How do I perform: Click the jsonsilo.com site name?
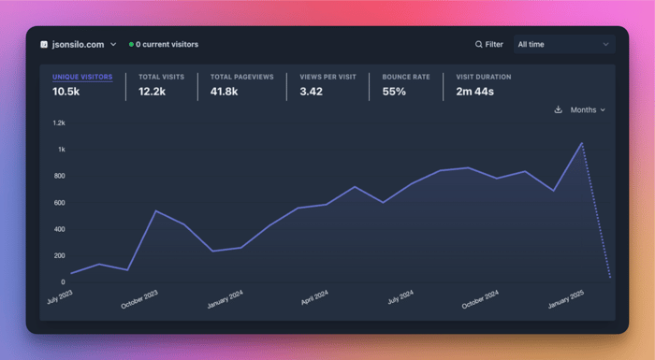tap(78, 45)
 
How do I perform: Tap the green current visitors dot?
tap(131, 44)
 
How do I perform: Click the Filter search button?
tap(489, 44)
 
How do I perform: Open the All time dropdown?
tap(564, 44)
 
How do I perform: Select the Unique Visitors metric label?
tap(82, 77)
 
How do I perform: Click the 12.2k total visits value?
tap(152, 92)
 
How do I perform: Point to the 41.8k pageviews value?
tap(225, 92)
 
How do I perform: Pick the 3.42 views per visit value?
tap(312, 92)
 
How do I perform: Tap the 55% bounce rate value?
tap(394, 92)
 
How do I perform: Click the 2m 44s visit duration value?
tap(475, 92)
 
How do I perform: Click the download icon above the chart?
tap(558, 109)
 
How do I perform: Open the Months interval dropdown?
tap(588, 109)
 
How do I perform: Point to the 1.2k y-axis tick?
tap(59, 122)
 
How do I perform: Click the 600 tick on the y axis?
tap(59, 203)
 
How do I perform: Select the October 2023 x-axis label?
tap(139, 299)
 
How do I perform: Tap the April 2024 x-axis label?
tap(314, 297)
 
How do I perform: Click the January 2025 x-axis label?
tap(566, 299)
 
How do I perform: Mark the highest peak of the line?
tap(581, 143)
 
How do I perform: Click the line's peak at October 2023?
tap(156, 211)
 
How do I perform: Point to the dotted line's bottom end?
tap(610, 278)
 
